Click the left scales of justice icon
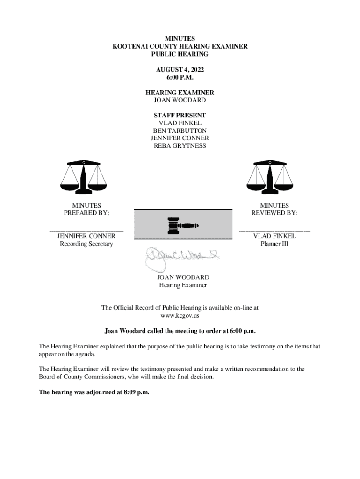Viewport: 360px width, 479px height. click(84, 177)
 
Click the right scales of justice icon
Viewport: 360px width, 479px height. click(270, 177)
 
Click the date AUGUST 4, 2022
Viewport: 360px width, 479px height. click(180, 70)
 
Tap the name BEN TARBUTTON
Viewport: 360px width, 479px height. click(180, 131)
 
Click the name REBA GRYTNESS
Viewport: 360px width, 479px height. click(180, 145)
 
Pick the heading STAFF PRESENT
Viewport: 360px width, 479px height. click(180, 115)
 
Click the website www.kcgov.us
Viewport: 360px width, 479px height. click(180, 316)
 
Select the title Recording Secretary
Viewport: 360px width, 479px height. click(86, 244)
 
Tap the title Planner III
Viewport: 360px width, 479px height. click(274, 244)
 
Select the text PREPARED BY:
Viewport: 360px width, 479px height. click(86, 213)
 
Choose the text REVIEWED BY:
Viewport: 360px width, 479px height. click(274, 213)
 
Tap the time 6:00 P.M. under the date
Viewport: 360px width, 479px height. click(180, 77)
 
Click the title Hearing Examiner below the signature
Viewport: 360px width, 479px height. click(183, 285)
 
